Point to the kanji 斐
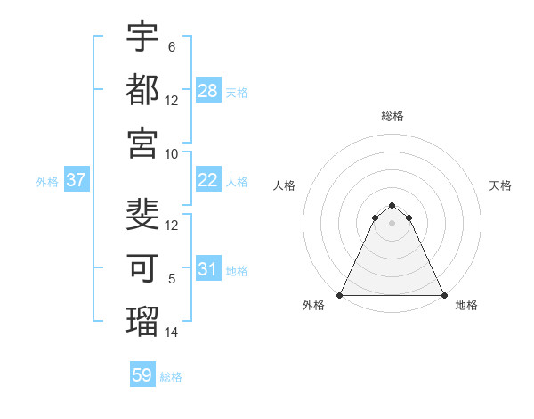pyautogui.click(x=142, y=214)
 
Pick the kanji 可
pyautogui.click(x=142, y=267)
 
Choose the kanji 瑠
pyautogui.click(x=142, y=319)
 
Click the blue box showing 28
pyautogui.click(x=208, y=90)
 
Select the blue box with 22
pyautogui.click(x=208, y=179)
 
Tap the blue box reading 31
pyautogui.click(x=208, y=268)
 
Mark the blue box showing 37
pyautogui.click(x=76, y=179)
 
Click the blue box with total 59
pyautogui.click(x=142, y=375)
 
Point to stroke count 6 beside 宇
pyautogui.click(x=171, y=46)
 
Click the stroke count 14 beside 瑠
pyautogui.click(x=173, y=332)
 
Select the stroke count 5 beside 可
pyautogui.click(x=171, y=278)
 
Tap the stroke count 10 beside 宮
pyautogui.click(x=173, y=153)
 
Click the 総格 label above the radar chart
pyautogui.click(x=392, y=116)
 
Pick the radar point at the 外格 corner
pyautogui.click(x=341, y=295)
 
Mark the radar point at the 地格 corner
pyautogui.click(x=443, y=295)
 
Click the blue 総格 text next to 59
pyautogui.click(x=171, y=377)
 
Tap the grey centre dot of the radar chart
pyautogui.click(x=392, y=223)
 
